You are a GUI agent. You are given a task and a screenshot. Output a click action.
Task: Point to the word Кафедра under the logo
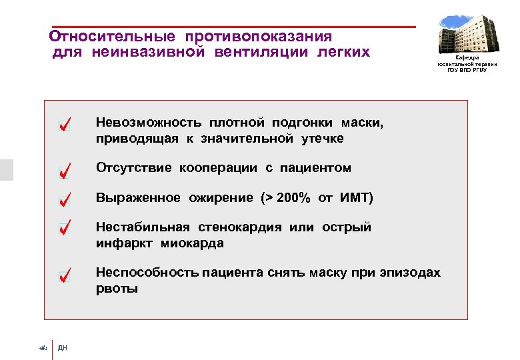(x=467, y=59)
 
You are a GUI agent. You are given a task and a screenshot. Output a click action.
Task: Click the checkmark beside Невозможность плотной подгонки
(x=64, y=125)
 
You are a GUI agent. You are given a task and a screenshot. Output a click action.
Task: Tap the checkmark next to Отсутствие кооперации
(x=64, y=171)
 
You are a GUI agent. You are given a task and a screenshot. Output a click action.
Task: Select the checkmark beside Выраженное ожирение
(x=64, y=199)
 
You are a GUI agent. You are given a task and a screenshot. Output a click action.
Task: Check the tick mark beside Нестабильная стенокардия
(x=64, y=228)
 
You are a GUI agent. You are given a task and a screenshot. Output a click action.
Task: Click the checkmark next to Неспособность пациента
(x=64, y=275)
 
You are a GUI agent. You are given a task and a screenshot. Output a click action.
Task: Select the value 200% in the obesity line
(x=293, y=198)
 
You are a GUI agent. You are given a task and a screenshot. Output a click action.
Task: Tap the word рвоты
(x=117, y=289)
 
